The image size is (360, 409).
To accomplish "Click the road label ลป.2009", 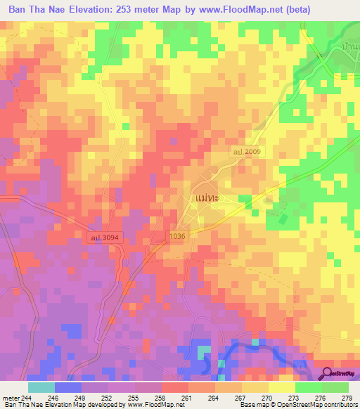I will [x=246, y=150].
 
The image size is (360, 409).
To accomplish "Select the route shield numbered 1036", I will [x=177, y=237].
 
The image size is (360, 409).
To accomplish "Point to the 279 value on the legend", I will [x=348, y=398].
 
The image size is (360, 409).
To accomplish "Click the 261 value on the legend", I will [x=188, y=398].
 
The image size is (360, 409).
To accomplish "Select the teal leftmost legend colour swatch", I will [x=41, y=387].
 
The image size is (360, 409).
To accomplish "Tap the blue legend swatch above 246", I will [x=67, y=387].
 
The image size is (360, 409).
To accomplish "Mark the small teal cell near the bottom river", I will [x=203, y=351].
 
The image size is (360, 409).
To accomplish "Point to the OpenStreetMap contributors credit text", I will [x=317, y=405].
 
